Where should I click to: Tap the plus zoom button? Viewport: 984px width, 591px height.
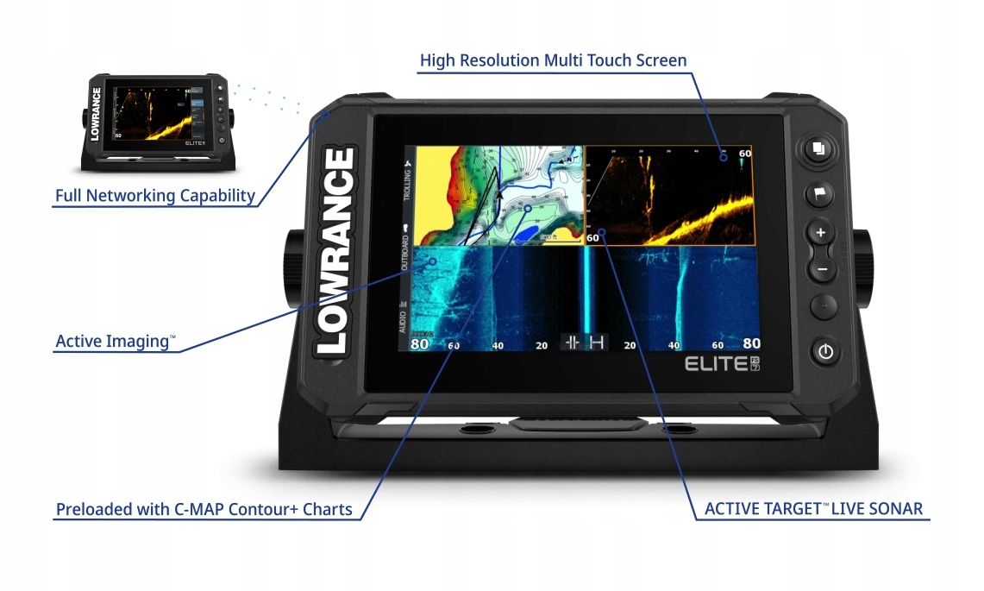[x=820, y=232]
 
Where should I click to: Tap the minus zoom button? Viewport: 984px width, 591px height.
[x=821, y=269]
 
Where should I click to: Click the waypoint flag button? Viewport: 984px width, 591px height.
[x=819, y=194]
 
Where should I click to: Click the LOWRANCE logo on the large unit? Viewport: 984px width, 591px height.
[x=336, y=251]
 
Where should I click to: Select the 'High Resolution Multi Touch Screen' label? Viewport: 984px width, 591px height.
[x=553, y=60]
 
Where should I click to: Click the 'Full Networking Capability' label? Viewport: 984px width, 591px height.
[x=155, y=196]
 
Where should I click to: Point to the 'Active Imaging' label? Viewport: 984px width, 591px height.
[x=115, y=342]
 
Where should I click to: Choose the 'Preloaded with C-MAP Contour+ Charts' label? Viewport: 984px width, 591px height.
[x=204, y=509]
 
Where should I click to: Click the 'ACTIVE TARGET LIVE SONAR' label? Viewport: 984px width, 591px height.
[x=813, y=508]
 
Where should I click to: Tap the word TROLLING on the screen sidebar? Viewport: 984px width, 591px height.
[x=407, y=185]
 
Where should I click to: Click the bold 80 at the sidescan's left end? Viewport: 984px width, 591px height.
[x=420, y=343]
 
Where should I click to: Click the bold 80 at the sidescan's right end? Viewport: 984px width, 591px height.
[x=751, y=343]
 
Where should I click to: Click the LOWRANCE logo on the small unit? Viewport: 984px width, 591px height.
[x=96, y=113]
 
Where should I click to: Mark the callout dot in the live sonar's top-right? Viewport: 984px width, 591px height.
[x=724, y=157]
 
